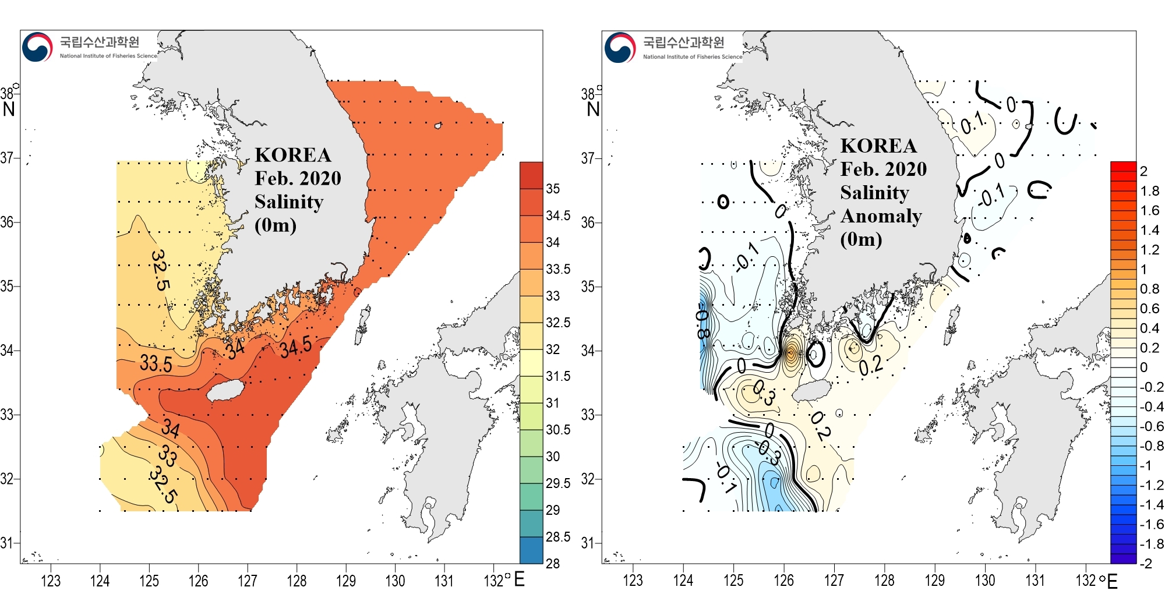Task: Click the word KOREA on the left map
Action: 293,155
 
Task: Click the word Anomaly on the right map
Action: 881,216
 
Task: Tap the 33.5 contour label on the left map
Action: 156,363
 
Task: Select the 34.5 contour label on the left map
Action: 295,348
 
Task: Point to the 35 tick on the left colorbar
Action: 553,189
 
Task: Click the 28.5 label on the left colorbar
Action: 557,537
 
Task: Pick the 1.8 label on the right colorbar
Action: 1150,191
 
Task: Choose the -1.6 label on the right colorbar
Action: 1152,524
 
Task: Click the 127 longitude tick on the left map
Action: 248,581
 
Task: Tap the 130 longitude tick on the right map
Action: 985,581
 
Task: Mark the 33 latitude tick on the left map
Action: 7,415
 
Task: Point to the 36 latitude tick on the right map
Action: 588,222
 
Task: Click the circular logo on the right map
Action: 620,48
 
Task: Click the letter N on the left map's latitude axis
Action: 9,109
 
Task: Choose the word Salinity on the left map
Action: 289,201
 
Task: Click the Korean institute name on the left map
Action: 100,42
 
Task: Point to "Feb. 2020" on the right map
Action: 883,169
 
